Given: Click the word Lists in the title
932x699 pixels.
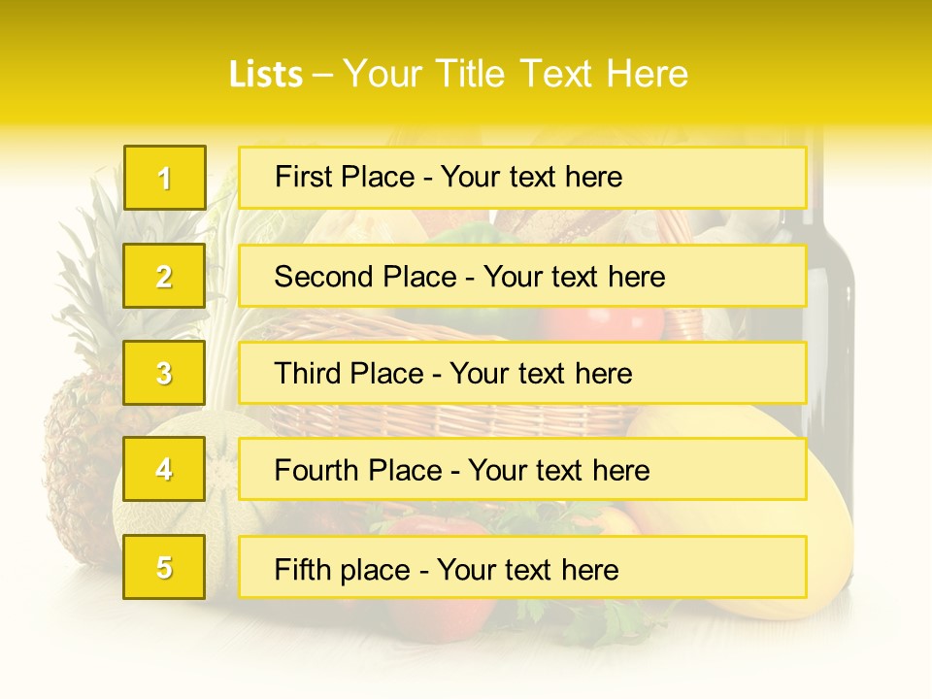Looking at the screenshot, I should pyautogui.click(x=265, y=74).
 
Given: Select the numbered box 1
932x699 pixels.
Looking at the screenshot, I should pyautogui.click(x=164, y=178).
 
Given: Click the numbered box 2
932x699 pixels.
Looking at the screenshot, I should pyautogui.click(x=164, y=277).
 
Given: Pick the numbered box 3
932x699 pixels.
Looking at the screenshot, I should pyautogui.click(x=164, y=373).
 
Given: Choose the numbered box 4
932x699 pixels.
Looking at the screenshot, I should pyautogui.click(x=164, y=470).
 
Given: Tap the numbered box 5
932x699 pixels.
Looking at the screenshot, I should pyautogui.click(x=164, y=567).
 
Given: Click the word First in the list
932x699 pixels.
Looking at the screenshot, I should pyautogui.click(x=304, y=177).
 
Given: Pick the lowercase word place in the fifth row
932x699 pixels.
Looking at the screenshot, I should pyautogui.click(x=376, y=570).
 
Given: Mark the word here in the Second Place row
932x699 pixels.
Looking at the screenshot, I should pyautogui.click(x=635, y=277).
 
